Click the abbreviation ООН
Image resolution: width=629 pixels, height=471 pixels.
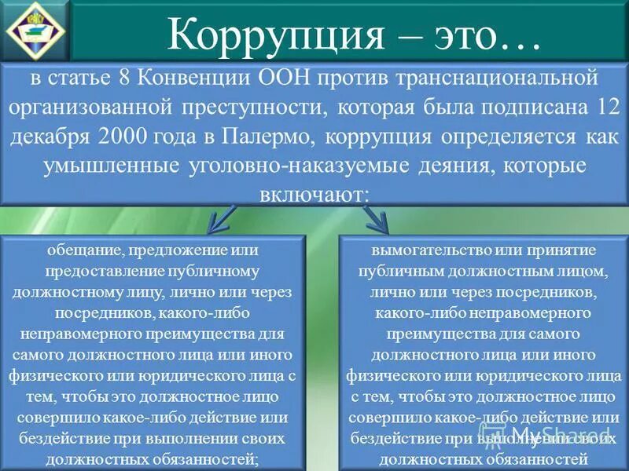(285, 79)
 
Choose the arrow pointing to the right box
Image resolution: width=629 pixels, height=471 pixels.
(378, 220)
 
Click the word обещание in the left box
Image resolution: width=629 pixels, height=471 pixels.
(82, 250)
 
